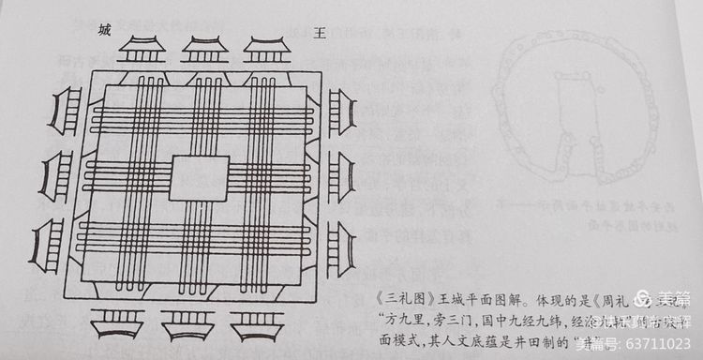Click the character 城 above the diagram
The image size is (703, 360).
pos(104,30)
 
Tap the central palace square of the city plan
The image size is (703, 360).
pos(200,178)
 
